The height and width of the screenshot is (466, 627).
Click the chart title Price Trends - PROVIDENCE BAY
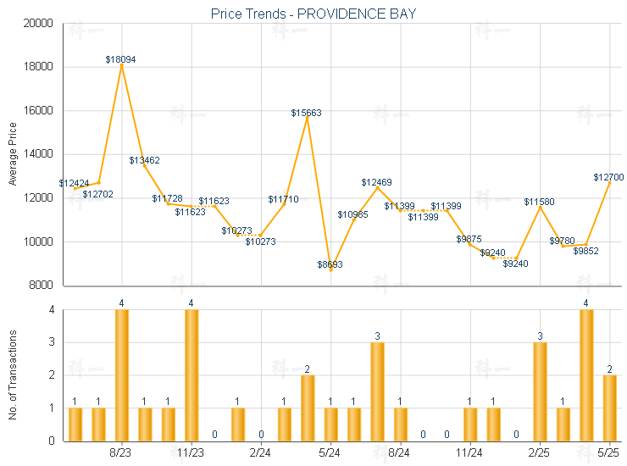(313, 14)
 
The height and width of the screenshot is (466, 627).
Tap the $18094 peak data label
(121, 59)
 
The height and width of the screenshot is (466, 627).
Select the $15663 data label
(306, 113)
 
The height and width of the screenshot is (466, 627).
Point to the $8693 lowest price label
(330, 265)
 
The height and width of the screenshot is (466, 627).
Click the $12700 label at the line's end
(608, 177)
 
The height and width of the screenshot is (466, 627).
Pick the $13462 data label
(144, 160)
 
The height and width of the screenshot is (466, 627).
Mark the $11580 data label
(539, 202)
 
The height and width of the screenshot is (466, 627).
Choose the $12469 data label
(376, 182)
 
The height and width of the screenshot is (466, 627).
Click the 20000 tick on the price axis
(39, 23)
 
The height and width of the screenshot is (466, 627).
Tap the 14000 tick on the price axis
(39, 154)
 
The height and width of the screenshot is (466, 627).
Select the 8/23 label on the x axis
(121, 453)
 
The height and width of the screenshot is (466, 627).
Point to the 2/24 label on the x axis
(261, 453)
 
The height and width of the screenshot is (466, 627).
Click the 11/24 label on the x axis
(469, 453)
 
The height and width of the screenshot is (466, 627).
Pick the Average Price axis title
(13, 154)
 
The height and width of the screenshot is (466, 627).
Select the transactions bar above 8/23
(122, 375)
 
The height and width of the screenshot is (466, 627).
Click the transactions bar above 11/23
(191, 375)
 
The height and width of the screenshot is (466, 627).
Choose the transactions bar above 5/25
(609, 408)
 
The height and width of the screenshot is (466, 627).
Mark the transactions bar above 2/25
(540, 391)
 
